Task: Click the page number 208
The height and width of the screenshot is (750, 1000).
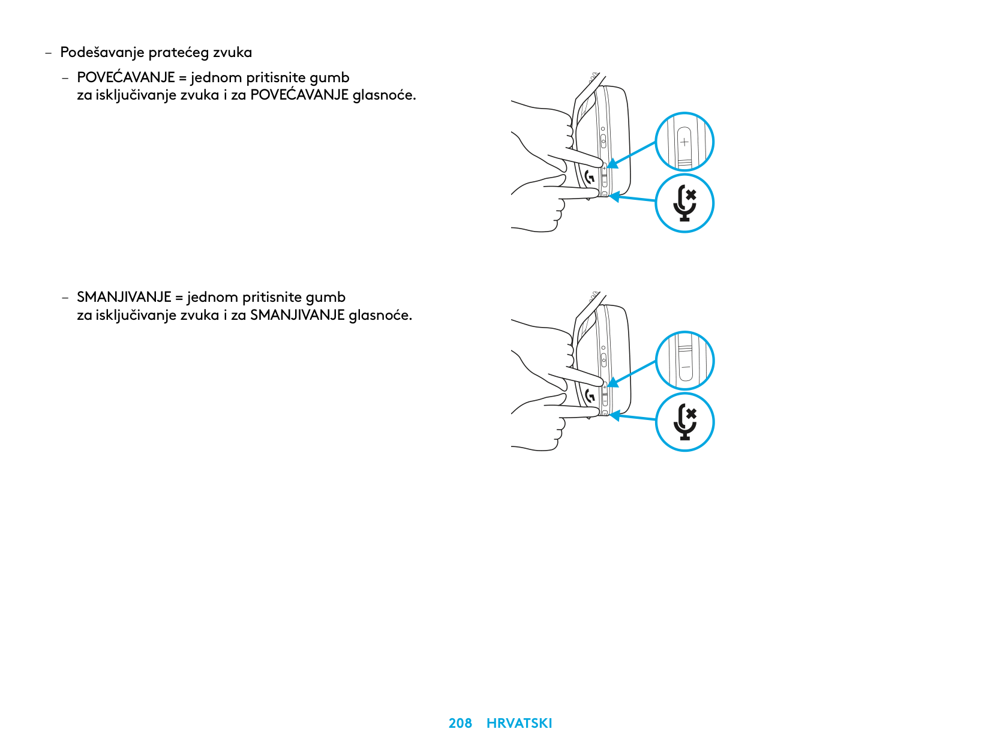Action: (460, 722)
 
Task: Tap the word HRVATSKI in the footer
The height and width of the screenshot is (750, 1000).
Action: (519, 722)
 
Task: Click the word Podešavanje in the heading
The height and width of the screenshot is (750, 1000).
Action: (103, 52)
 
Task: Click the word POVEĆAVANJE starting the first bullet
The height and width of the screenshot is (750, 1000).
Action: (126, 77)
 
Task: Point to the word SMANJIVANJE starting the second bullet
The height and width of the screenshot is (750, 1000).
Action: (124, 297)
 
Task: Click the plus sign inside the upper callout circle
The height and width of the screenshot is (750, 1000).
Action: (684, 142)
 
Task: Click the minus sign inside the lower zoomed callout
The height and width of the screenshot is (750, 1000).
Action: (685, 367)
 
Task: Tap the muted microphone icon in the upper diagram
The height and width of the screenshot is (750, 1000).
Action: (684, 203)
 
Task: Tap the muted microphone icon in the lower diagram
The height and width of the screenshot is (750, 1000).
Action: (684, 422)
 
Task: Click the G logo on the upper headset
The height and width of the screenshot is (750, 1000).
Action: (590, 177)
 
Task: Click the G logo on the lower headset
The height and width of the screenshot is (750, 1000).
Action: (590, 396)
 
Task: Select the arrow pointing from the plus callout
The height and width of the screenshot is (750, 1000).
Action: (632, 155)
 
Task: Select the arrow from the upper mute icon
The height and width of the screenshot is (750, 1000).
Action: (632, 198)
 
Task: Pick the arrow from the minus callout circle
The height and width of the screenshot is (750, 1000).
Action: (632, 374)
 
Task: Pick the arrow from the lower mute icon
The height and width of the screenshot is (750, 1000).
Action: (632, 417)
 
